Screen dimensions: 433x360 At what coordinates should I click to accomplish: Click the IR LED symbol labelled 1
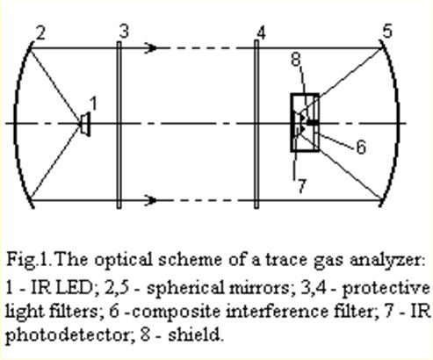[85, 124]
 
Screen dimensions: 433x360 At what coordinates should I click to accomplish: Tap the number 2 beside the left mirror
[40, 32]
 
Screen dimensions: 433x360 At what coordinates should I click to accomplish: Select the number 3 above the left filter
[124, 32]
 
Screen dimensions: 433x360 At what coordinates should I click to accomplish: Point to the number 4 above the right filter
[261, 32]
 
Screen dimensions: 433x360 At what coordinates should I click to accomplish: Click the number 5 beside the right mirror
[387, 31]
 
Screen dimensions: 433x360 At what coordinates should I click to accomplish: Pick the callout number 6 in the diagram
[361, 147]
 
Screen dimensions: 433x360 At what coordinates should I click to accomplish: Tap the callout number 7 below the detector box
[302, 186]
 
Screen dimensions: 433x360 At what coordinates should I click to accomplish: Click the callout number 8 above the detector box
[296, 60]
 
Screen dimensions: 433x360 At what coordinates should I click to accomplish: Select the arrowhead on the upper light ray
[151, 47]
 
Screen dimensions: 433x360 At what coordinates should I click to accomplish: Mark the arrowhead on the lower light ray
[151, 200]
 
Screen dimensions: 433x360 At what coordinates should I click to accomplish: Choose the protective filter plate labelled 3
[119, 125]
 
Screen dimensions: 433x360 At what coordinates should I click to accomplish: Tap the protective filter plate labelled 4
[256, 125]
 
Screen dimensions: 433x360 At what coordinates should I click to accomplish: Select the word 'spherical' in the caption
[184, 289]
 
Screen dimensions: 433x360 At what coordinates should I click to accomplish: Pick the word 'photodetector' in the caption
[68, 335]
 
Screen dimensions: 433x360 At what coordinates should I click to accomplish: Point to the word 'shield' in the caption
[196, 334]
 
